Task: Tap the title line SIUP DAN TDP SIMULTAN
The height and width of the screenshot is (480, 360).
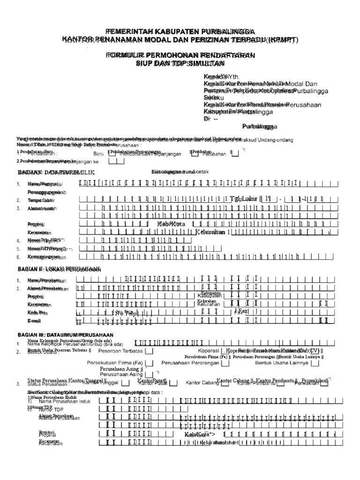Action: tap(180, 63)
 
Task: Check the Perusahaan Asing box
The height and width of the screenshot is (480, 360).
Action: tap(149, 375)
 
